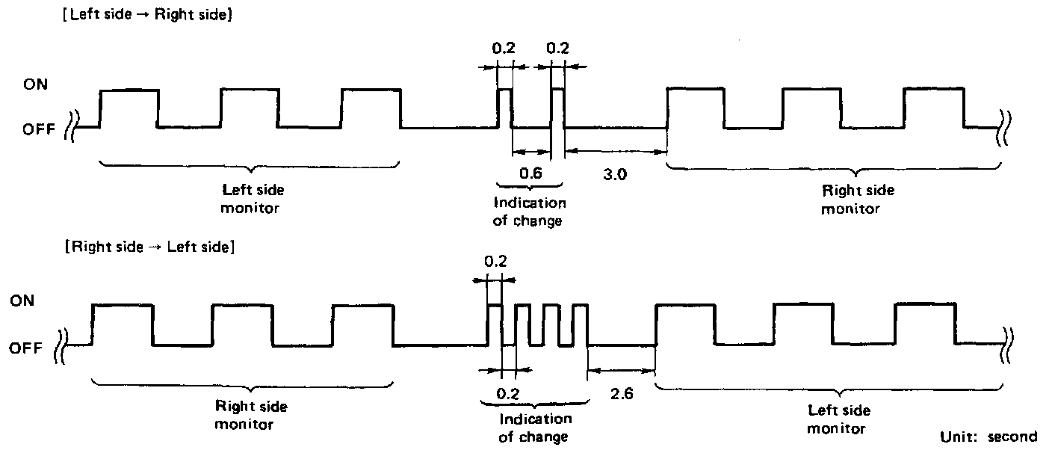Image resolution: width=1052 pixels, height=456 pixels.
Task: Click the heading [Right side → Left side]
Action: point(149,247)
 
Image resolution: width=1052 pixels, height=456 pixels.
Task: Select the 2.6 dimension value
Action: point(621,393)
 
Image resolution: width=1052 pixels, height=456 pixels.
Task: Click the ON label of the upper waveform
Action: point(35,85)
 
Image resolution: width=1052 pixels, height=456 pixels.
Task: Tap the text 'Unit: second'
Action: point(988,437)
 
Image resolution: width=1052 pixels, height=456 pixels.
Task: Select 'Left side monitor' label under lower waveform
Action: point(840,419)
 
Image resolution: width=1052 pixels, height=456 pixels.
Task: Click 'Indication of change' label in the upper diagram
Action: point(529,212)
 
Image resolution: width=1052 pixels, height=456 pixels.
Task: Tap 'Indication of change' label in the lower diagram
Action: point(535,428)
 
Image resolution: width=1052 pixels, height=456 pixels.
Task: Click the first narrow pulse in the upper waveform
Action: point(504,108)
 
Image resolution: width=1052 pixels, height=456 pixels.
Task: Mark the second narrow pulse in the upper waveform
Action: point(557,108)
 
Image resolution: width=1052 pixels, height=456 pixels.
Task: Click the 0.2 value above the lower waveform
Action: point(494,262)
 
